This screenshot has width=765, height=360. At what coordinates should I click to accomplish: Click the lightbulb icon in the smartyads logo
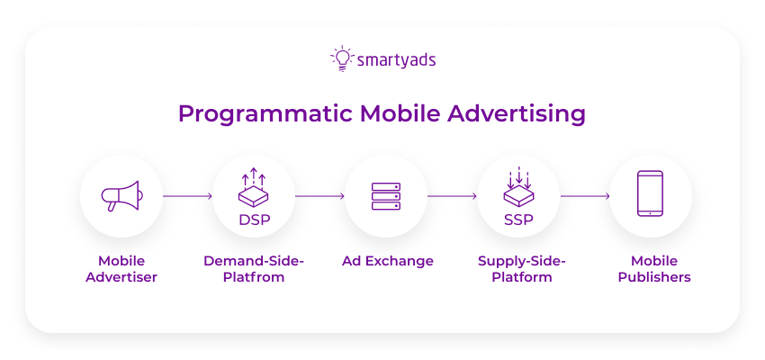(x=341, y=58)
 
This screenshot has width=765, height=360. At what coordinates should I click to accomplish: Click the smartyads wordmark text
(x=395, y=60)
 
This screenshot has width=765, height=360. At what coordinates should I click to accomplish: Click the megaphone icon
(x=121, y=195)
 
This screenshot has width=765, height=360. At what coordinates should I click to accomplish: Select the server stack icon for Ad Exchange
(x=386, y=196)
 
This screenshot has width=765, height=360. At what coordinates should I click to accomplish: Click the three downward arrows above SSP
(x=517, y=177)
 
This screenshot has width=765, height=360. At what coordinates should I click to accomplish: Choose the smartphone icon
(x=650, y=193)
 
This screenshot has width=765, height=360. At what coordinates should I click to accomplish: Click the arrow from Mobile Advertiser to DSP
(x=186, y=195)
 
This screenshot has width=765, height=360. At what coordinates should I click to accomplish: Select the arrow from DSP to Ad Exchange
(x=319, y=195)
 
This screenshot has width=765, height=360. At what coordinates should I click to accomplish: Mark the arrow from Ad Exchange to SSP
(x=452, y=195)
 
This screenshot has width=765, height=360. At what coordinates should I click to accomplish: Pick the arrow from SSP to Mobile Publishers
(x=584, y=195)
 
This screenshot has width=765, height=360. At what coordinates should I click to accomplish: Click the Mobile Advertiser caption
(x=121, y=269)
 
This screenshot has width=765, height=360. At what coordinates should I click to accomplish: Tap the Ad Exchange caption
(x=387, y=261)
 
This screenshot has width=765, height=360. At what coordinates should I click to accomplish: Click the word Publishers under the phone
(x=650, y=277)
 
